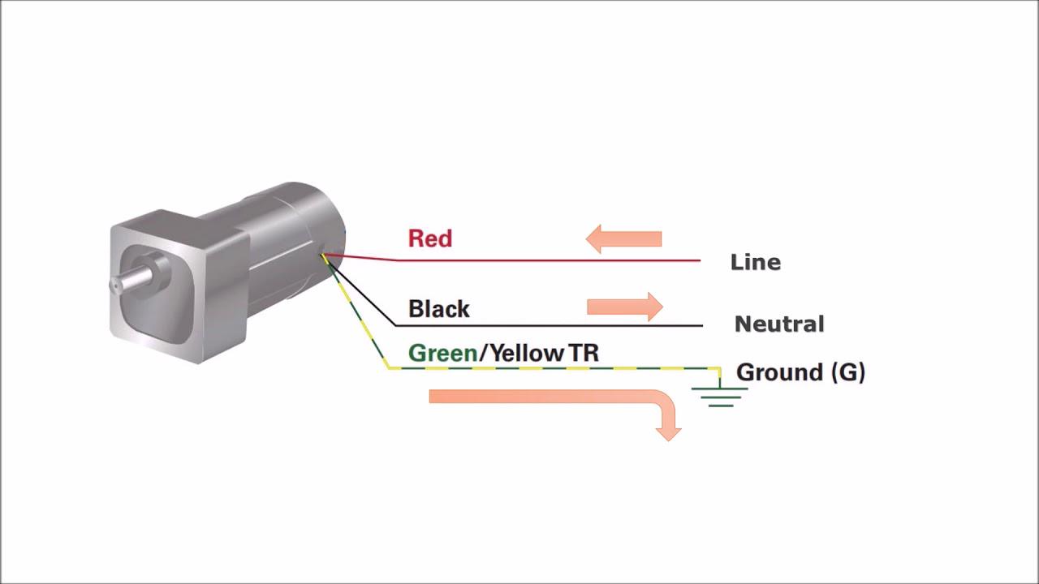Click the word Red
(429, 238)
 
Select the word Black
(438, 309)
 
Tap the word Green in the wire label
(442, 354)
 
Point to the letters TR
(584, 354)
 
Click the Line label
(756, 263)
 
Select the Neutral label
(779, 324)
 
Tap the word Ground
(780, 372)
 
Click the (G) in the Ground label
(848, 372)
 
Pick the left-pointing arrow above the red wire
(623, 238)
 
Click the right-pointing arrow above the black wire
(624, 307)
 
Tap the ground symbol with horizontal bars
(720, 396)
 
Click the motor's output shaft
(133, 278)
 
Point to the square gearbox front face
(154, 284)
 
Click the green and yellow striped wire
(552, 367)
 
